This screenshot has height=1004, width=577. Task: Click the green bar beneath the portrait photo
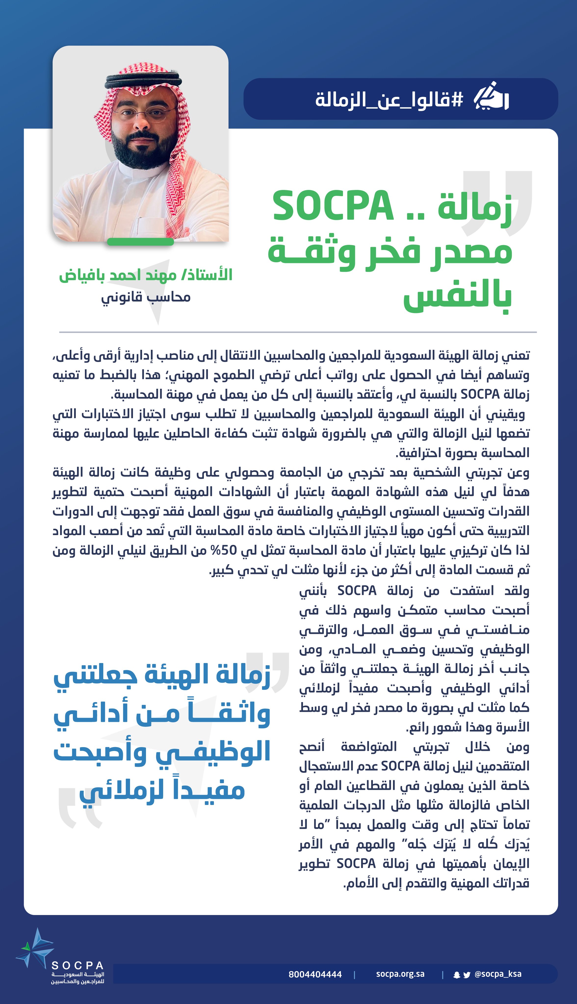[x=140, y=241]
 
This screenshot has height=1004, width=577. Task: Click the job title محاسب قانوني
[x=146, y=297]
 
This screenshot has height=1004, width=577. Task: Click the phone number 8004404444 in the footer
[x=315, y=974]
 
